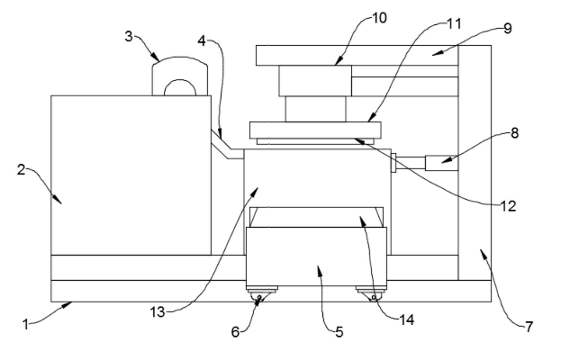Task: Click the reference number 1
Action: click(25, 325)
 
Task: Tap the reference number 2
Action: click(22, 169)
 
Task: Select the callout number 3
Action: click(129, 36)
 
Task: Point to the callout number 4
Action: click(202, 41)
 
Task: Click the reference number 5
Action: click(339, 332)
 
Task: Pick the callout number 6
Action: click(235, 332)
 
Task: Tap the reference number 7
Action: click(529, 326)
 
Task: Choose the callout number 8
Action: click(514, 133)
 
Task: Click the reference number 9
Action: click(508, 29)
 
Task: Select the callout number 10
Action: click(380, 18)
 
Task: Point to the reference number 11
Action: click(455, 23)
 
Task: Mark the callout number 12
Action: click(509, 206)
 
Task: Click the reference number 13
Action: click(158, 312)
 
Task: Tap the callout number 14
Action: click(407, 319)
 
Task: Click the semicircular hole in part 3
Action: click(180, 88)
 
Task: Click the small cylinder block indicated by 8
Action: click(442, 163)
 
